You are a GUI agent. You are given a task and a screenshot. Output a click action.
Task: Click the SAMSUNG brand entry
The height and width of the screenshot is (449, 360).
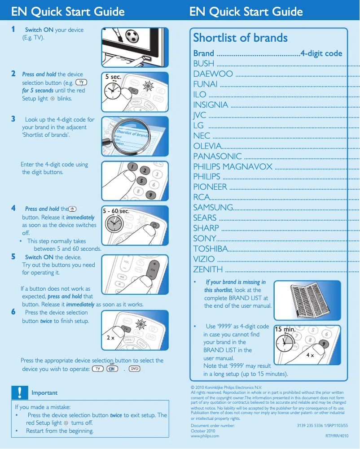pyautogui.click(x=213, y=207)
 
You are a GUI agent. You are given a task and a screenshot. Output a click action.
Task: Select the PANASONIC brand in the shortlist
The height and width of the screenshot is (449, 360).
pyautogui.click(x=217, y=156)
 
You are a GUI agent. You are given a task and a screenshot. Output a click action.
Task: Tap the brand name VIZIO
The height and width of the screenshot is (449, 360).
pyautogui.click(x=204, y=259)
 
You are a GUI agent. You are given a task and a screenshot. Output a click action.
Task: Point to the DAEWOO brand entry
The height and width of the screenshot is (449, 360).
pyautogui.click(x=213, y=74)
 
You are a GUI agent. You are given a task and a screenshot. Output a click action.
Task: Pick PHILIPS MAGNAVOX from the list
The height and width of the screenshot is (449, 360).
pyautogui.click(x=233, y=166)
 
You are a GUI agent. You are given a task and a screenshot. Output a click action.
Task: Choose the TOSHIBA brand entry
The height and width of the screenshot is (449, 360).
pyautogui.click(x=210, y=248)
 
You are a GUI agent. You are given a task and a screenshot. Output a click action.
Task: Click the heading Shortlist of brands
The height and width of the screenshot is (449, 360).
pyautogui.click(x=240, y=38)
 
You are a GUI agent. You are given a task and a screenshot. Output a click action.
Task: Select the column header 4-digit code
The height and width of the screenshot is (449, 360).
pyautogui.click(x=321, y=53)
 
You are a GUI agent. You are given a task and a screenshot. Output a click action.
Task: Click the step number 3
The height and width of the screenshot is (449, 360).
pyautogui.click(x=13, y=119)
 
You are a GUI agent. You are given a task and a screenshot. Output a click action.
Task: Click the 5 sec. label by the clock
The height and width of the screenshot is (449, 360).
pyautogui.click(x=113, y=77)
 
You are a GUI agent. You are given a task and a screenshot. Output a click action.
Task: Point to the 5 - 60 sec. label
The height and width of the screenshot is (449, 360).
pyautogui.click(x=116, y=211)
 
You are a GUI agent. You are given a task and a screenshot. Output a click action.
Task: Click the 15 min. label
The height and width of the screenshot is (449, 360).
pyautogui.click(x=285, y=329)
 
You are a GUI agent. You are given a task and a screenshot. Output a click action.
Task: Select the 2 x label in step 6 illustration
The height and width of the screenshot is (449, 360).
pyautogui.click(x=110, y=338)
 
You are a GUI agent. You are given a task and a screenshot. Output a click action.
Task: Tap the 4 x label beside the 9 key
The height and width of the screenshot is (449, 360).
pyautogui.click(x=310, y=355)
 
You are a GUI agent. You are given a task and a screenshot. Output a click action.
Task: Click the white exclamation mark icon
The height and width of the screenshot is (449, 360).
pyautogui.click(x=19, y=392)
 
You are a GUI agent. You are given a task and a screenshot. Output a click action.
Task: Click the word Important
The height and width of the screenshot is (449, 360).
pyautogui.click(x=44, y=393)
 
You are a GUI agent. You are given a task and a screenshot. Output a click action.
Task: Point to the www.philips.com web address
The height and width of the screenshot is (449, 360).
pyautogui.click(x=205, y=436)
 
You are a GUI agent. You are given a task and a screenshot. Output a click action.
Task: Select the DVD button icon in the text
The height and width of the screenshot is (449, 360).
pyautogui.click(x=134, y=369)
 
